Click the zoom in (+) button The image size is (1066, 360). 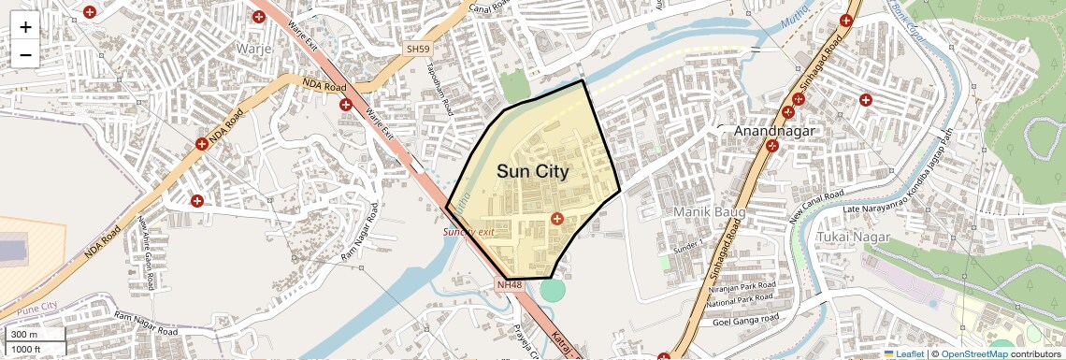coord(25,27)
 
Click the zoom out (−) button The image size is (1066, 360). coord(25,54)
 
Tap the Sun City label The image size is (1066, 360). coord(532,171)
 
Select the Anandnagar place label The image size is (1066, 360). coord(776,132)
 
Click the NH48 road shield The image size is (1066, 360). coord(510,284)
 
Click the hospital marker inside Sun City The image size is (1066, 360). coord(557,219)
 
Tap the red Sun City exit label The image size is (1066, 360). coord(468,231)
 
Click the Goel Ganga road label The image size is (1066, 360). coord(747,321)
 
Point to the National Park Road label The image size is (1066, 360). coord(742,302)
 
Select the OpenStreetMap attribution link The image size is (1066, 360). coord(973,353)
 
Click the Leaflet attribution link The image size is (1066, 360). coord(906,353)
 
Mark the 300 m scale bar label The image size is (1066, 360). coord(24,335)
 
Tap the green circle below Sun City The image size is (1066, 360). coord(554,290)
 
